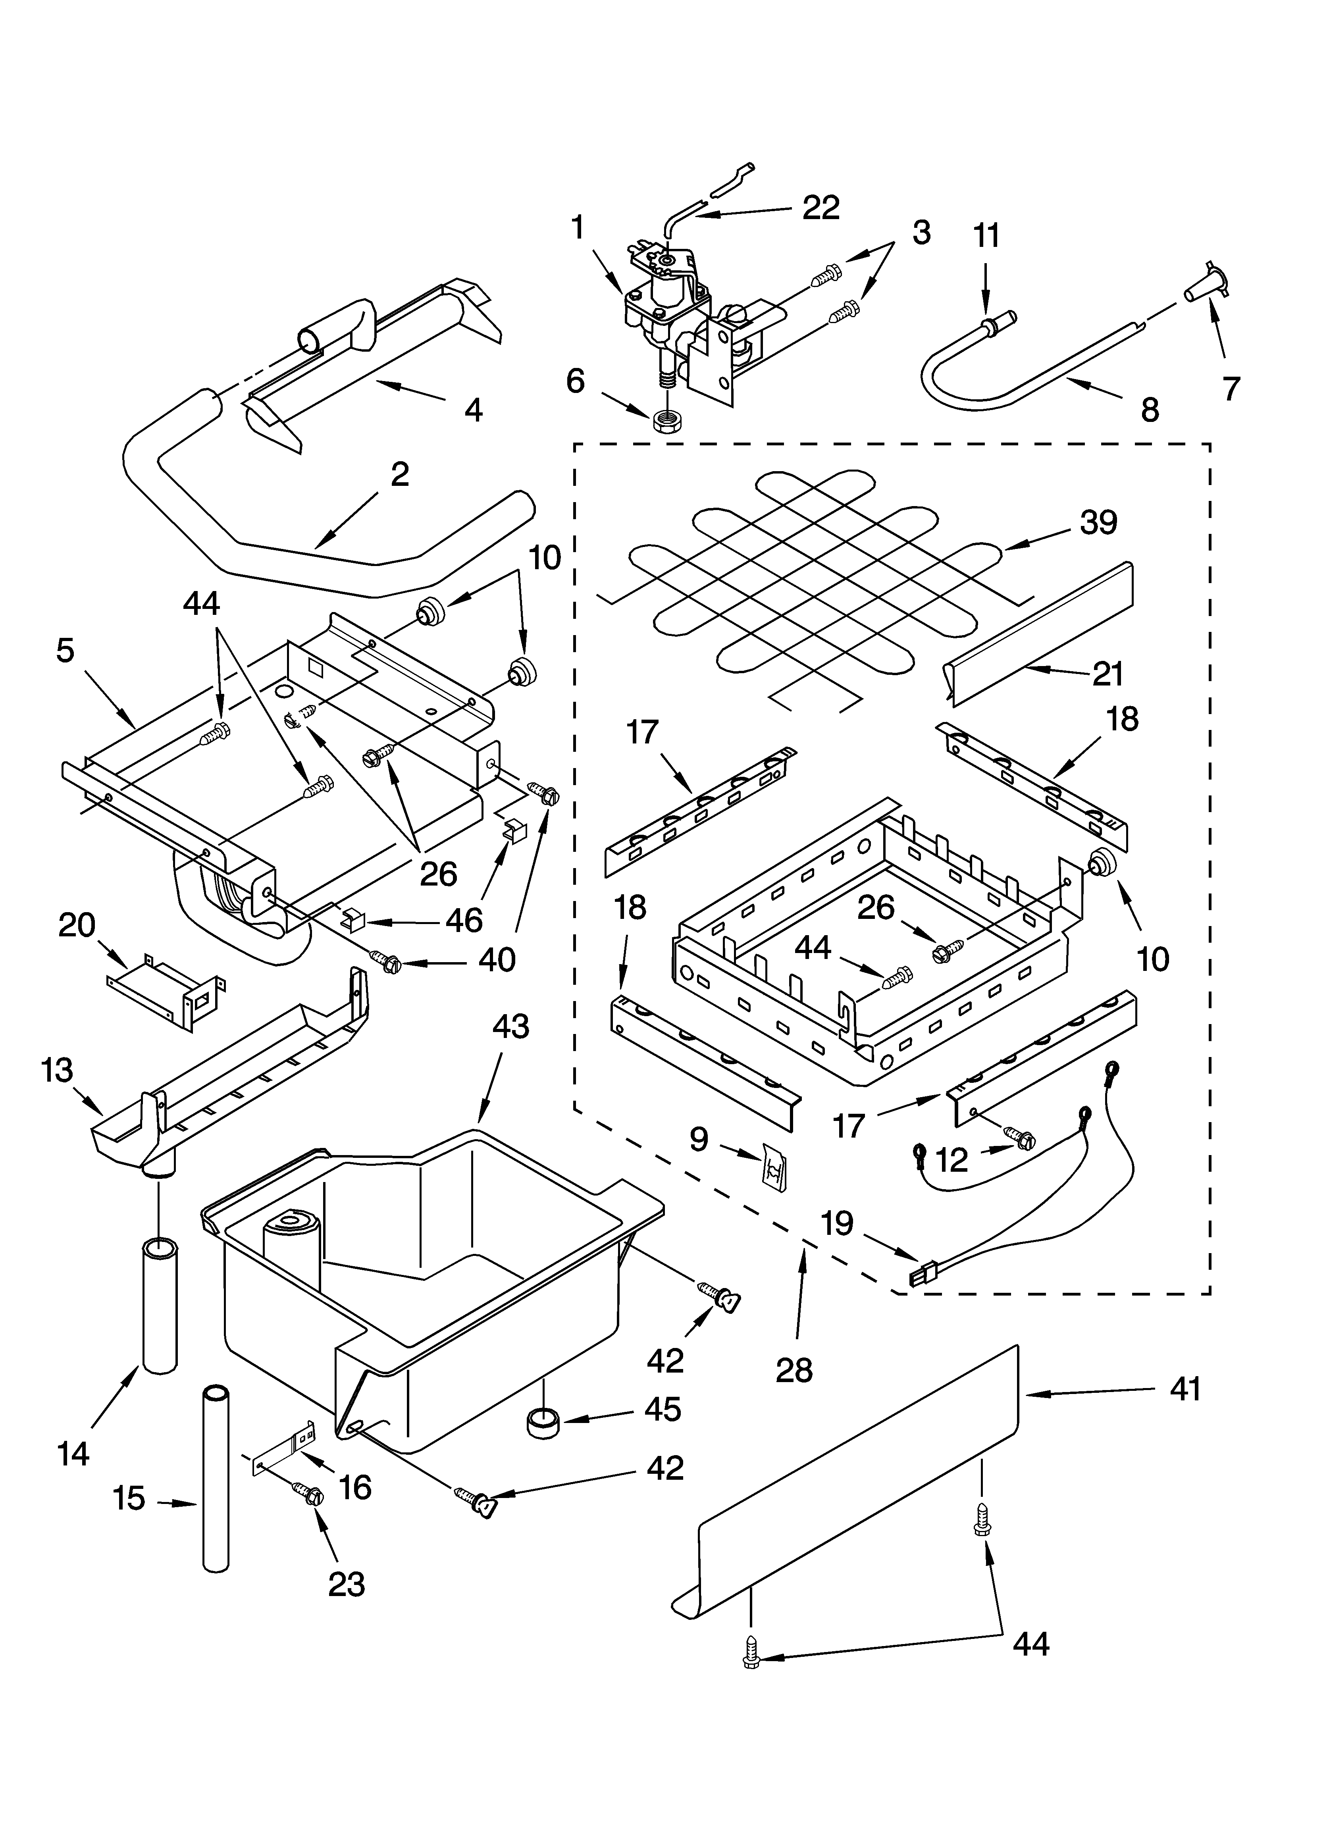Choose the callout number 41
click(x=1185, y=1389)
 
